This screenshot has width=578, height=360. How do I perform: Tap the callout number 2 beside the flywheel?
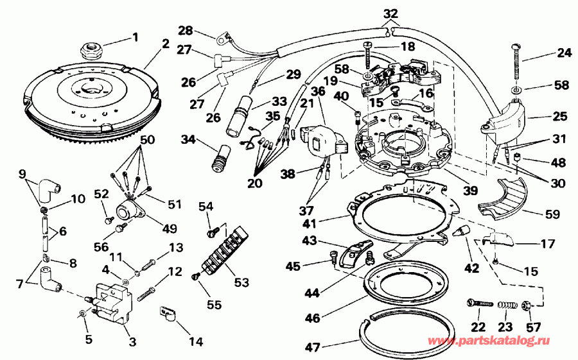point(166,44)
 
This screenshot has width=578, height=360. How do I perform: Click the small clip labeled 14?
point(168,314)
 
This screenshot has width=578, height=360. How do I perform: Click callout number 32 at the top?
point(390,12)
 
